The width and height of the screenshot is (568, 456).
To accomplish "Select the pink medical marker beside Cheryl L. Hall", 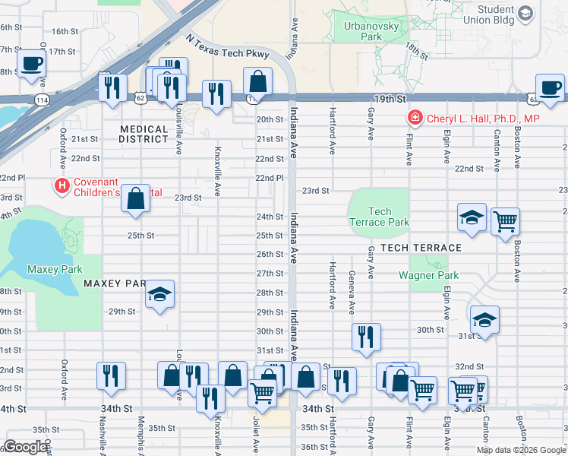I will (415, 118).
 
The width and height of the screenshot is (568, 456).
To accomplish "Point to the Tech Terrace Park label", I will (380, 217).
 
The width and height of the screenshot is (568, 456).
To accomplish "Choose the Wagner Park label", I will (429, 275).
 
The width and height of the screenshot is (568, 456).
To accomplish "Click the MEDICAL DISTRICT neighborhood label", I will (144, 135).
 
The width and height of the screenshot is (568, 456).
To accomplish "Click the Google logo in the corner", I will (26, 447).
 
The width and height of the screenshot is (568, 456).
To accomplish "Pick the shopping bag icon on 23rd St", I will (135, 199).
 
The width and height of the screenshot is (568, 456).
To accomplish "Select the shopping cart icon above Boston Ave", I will (505, 222).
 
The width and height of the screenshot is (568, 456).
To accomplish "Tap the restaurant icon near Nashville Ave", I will (112, 375).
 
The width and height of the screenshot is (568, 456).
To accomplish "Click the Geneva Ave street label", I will (352, 293).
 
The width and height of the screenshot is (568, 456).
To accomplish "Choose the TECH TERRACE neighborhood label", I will (421, 249).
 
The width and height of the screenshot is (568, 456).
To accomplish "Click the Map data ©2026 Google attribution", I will (522, 450).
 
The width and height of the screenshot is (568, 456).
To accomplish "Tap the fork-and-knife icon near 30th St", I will (366, 336).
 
